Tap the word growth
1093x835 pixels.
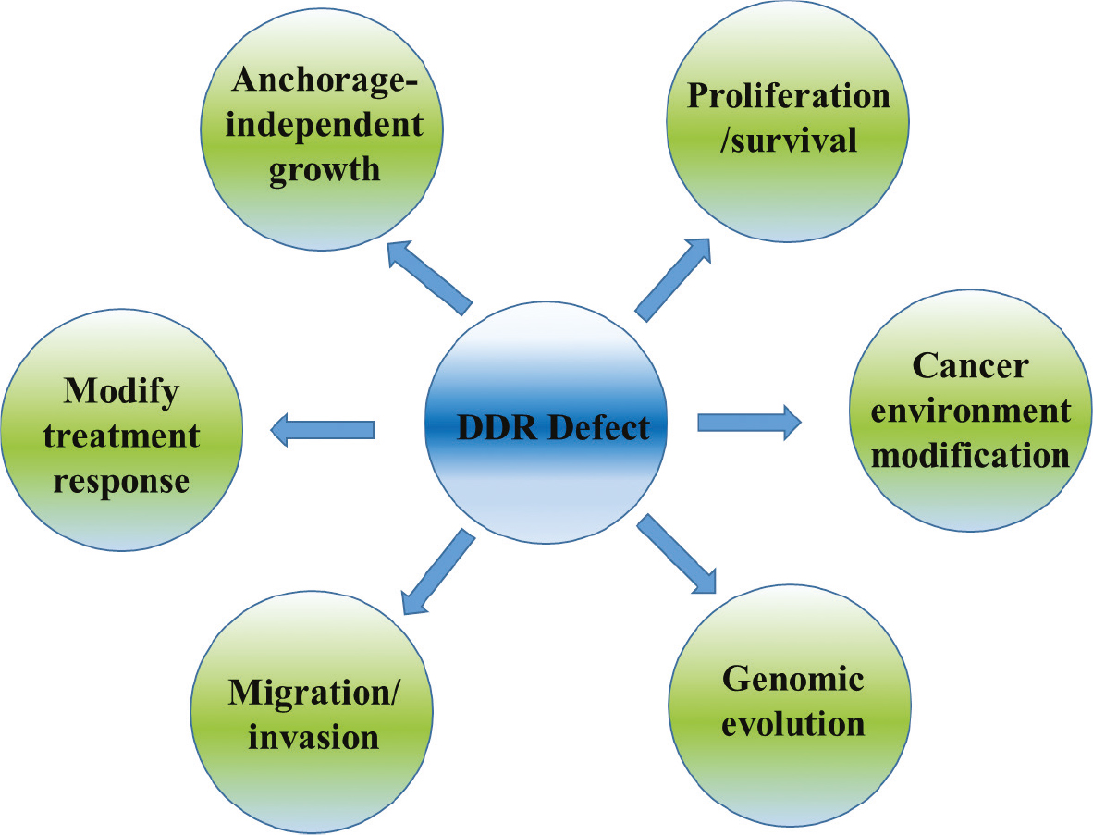click(x=325, y=169)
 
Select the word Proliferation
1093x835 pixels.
click(x=788, y=95)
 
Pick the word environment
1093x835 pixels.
click(x=970, y=410)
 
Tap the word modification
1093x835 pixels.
click(x=971, y=454)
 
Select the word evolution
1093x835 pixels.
click(x=792, y=722)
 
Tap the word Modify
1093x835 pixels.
click(x=121, y=391)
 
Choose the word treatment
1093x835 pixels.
click(x=121, y=436)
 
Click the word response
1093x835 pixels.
click(x=121, y=481)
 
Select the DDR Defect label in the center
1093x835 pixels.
click(x=553, y=427)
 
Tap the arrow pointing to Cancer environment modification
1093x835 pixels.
click(x=749, y=423)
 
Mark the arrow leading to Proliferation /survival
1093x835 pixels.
click(x=674, y=278)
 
